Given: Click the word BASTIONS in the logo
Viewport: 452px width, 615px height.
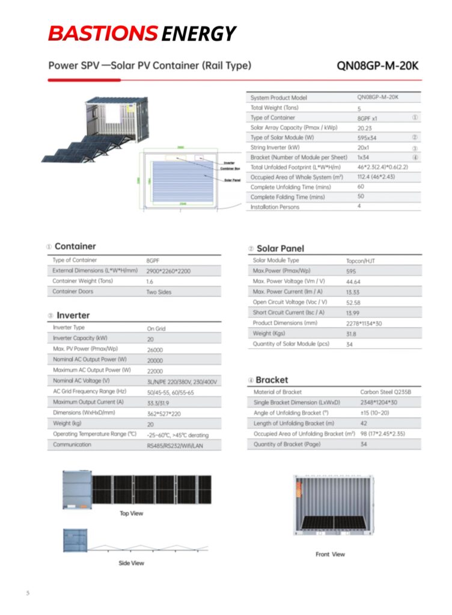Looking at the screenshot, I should click(x=102, y=34).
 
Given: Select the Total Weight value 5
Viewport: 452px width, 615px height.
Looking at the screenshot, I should click(x=359, y=109).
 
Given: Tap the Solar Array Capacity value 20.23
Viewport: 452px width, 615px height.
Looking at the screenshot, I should click(x=365, y=128).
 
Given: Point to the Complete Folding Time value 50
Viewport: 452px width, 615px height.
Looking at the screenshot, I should click(x=361, y=197).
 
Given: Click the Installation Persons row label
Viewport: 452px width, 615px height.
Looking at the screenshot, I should click(x=275, y=207).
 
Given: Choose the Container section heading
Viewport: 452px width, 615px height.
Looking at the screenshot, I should click(x=75, y=246).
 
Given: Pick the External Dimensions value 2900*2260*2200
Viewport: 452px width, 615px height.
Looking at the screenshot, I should click(x=169, y=271).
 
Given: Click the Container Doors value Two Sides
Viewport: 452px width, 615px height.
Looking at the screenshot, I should click(x=159, y=292).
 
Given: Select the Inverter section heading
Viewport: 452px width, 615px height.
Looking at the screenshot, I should click(x=73, y=315).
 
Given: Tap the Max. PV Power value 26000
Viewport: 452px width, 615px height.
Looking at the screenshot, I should click(x=155, y=350).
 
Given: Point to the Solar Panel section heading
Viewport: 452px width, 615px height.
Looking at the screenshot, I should click(x=280, y=248).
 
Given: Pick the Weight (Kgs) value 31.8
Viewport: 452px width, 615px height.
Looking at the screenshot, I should click(x=352, y=334).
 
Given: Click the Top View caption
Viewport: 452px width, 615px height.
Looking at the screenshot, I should click(x=132, y=514).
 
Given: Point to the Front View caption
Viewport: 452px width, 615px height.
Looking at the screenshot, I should click(x=331, y=554).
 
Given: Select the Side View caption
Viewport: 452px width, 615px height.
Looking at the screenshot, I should click(x=131, y=563).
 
